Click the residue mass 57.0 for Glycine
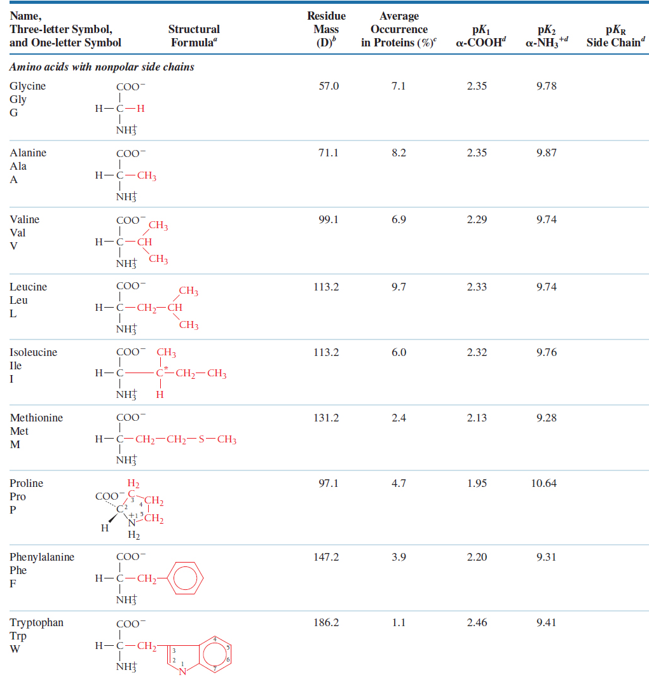(329, 86)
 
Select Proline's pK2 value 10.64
(543, 483)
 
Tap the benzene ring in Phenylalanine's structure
(185, 578)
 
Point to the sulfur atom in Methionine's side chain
(202, 439)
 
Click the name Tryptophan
(37, 622)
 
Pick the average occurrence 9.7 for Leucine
(399, 287)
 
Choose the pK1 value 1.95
(477, 483)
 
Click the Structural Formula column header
(194, 36)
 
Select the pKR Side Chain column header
(616, 36)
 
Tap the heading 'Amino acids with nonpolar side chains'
(102, 67)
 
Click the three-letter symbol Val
(18, 233)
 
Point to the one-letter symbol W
(15, 649)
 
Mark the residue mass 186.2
(326, 622)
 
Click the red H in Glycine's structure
(140, 108)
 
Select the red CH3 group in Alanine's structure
(147, 175)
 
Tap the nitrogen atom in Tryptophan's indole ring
(182, 671)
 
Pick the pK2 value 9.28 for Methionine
(546, 418)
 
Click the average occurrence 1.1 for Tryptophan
(399, 622)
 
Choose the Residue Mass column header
(326, 29)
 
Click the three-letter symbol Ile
(15, 366)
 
